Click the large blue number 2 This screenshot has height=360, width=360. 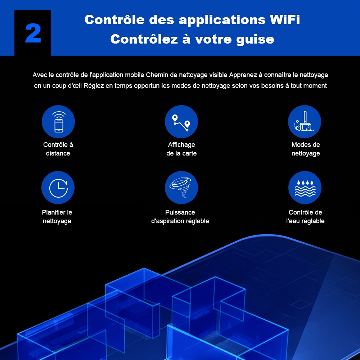(x=33, y=33)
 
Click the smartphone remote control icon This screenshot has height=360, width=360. (x=58, y=122)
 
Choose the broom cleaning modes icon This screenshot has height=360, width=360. (x=305, y=122)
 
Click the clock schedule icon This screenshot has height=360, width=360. (x=58, y=188)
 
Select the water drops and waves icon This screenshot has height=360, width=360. (x=305, y=188)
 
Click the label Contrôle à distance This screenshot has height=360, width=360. (x=58, y=149)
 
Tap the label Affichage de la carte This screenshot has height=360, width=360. (x=181, y=149)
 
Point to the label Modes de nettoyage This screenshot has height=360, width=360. (x=306, y=149)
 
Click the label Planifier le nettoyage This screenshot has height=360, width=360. (x=57, y=217)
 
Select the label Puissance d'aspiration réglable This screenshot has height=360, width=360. (x=180, y=217)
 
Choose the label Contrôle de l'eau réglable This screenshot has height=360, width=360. (x=305, y=217)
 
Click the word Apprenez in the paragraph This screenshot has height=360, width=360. (x=243, y=75)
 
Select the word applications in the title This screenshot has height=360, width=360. (x=222, y=20)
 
